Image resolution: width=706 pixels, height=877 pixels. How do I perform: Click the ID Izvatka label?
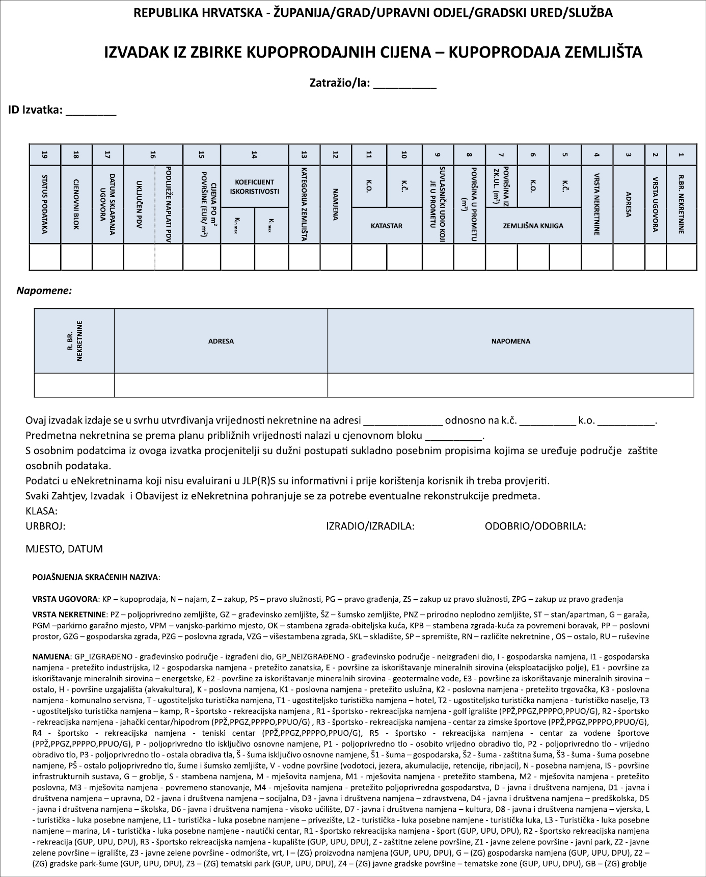click(35, 110)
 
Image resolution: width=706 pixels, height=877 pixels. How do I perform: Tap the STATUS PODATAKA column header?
click(45, 204)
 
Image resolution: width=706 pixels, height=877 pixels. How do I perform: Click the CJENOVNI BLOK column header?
click(76, 204)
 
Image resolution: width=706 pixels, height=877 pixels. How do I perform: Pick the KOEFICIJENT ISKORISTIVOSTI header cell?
click(255, 187)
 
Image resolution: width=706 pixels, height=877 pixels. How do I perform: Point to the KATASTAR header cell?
click(387, 225)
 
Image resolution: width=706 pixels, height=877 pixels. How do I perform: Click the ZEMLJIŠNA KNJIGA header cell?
click(533, 225)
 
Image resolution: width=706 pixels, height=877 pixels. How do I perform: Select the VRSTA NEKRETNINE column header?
click(597, 204)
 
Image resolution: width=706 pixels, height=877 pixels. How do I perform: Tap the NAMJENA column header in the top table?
click(336, 204)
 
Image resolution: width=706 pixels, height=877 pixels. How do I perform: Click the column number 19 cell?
click(45, 155)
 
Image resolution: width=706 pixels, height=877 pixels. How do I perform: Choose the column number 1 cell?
click(682, 155)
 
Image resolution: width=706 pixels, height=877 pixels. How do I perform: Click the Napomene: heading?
click(44, 291)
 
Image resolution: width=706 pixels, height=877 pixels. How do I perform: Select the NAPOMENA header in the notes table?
click(510, 341)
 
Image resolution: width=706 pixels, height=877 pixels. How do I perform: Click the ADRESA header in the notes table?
click(221, 341)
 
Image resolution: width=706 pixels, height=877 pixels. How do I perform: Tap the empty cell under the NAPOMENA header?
click(510, 385)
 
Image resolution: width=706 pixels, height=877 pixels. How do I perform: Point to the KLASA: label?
click(41, 511)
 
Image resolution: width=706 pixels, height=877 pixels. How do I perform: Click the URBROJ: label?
click(45, 526)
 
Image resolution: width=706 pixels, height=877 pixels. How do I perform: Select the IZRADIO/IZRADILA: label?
click(370, 526)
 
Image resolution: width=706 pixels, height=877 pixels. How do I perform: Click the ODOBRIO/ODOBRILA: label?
click(535, 526)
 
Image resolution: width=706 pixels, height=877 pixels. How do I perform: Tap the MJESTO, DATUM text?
click(64, 549)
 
